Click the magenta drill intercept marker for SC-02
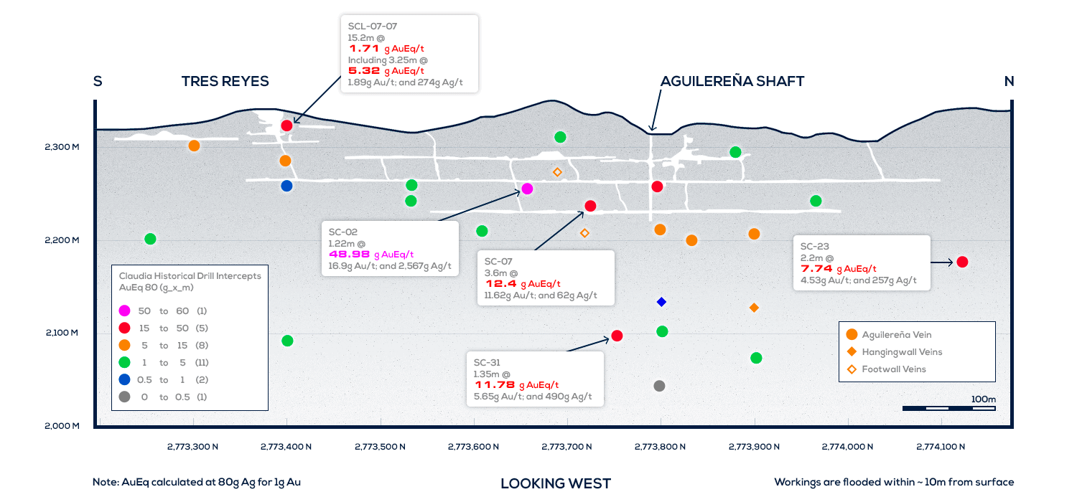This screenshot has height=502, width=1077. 527,189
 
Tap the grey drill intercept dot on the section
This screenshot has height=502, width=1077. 659,386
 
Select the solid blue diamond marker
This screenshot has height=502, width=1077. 661,302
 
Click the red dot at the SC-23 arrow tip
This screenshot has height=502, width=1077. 962,262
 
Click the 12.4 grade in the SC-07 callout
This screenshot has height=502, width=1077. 500,284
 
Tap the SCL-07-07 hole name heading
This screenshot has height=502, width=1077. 373,26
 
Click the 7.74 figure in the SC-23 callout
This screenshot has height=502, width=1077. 816,269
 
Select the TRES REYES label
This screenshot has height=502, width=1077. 225,82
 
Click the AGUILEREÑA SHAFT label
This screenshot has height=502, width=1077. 732,82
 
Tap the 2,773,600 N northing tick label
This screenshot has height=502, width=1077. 473,447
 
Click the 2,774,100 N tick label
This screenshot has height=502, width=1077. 941,447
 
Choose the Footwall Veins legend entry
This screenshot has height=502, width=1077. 894,369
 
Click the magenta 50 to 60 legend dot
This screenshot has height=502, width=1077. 125,311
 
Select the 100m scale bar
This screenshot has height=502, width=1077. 948,408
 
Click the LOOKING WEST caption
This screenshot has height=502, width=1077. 556,483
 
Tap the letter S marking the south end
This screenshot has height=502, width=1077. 98,82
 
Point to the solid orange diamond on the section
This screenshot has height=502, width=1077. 754,308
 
